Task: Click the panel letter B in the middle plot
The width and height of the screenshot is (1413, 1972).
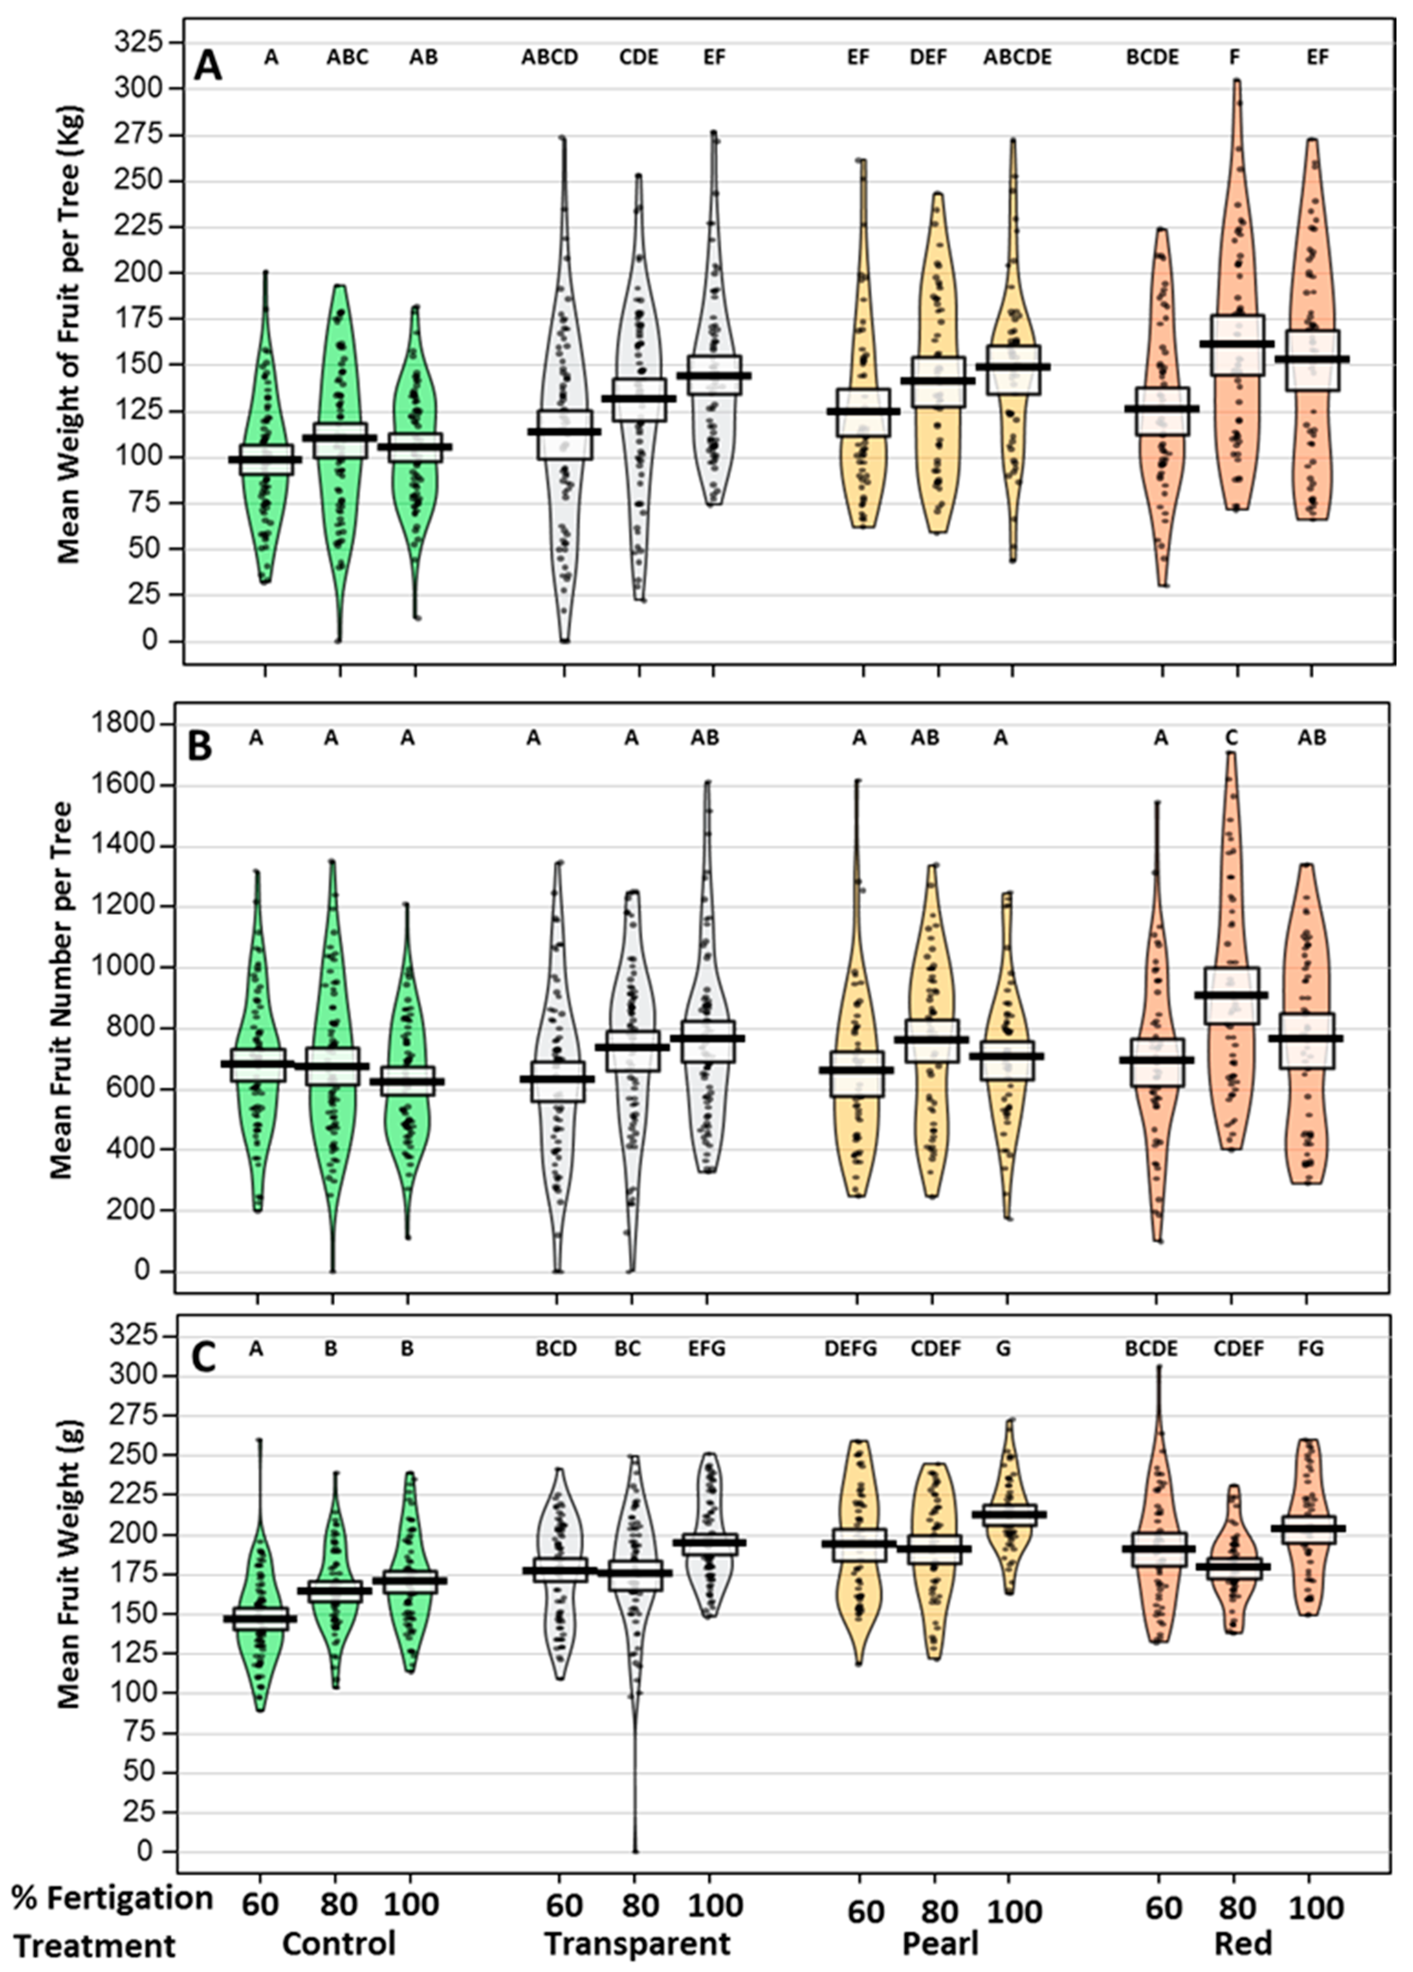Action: click(200, 746)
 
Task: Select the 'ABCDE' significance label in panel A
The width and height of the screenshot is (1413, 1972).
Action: click(1017, 57)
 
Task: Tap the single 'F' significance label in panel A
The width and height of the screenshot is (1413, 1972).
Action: click(1234, 57)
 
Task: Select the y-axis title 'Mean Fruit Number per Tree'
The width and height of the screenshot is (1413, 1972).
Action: click(61, 990)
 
